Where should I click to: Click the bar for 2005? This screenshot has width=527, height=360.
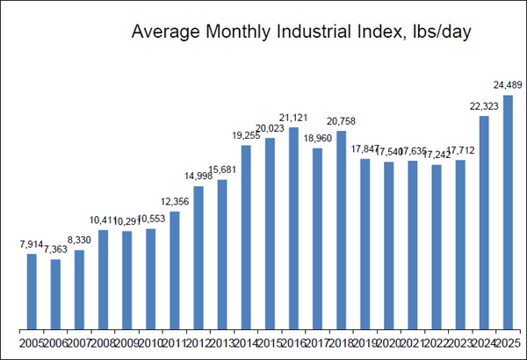tap(32, 292)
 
